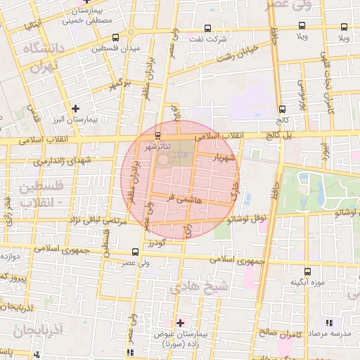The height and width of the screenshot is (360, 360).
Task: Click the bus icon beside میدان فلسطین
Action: pos(115,38)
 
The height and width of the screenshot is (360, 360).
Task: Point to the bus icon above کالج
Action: pos(282,109)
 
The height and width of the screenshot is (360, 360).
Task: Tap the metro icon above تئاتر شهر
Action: pos(157,136)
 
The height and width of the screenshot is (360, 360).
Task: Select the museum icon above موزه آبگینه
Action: pos(307,271)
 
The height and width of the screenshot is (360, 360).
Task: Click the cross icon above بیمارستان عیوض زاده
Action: pos(181,323)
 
